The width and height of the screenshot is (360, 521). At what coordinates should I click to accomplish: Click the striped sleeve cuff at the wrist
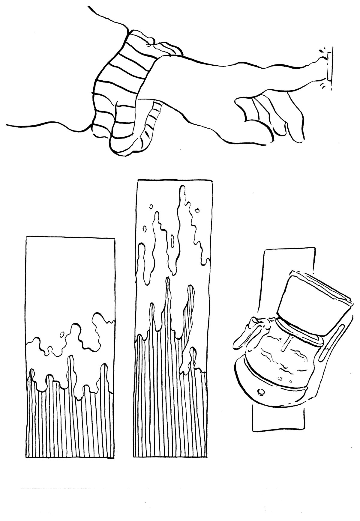(120, 87)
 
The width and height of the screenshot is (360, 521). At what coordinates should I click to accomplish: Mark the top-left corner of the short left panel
(26, 237)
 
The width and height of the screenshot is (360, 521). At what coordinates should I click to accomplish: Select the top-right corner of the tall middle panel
(212, 180)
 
